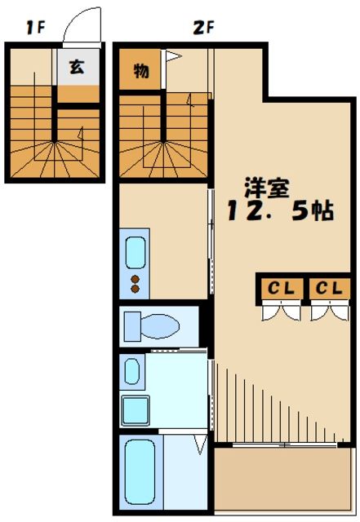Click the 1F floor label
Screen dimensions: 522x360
tap(33, 28)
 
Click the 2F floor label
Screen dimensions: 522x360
tap(202, 28)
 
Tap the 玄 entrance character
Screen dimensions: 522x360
tap(76, 67)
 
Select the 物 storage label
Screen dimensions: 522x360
tap(141, 71)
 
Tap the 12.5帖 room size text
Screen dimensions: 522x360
tap(279, 210)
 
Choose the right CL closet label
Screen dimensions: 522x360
tap(329, 288)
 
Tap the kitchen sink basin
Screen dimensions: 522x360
tap(135, 252)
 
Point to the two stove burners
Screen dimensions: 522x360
tap(135, 285)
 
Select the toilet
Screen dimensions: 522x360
tap(151, 327)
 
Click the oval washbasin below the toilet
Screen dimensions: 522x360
tap(131, 372)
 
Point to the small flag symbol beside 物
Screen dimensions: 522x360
tap(171, 57)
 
